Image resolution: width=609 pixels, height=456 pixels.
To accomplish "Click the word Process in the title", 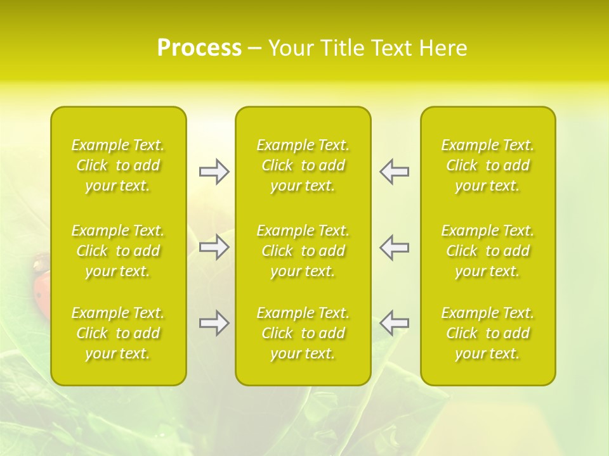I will point(199,48).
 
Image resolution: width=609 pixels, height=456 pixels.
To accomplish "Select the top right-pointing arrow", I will point(214,172).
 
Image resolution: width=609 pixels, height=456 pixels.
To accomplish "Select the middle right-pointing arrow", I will point(214,247).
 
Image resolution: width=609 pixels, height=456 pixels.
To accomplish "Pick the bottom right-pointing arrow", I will point(214,323).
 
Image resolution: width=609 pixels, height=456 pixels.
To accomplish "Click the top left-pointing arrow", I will point(394,172).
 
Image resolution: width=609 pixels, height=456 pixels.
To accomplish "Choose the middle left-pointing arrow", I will point(394,247).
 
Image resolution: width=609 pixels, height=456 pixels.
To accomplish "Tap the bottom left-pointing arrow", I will point(394,323).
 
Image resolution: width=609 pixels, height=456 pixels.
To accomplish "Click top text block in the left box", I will point(118,165).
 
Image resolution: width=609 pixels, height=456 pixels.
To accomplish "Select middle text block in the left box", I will point(118,251).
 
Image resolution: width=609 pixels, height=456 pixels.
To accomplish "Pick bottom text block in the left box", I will point(118,333).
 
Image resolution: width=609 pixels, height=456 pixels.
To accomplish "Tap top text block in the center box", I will point(303,165).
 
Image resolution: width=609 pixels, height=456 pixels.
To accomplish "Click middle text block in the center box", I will point(303,251).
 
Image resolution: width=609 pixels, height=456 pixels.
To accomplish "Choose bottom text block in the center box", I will point(303,333).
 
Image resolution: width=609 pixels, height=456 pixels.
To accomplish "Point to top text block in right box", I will point(488,165).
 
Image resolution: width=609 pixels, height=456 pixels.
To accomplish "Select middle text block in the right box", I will point(488,251).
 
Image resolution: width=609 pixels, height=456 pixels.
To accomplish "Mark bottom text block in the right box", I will point(488,333).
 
